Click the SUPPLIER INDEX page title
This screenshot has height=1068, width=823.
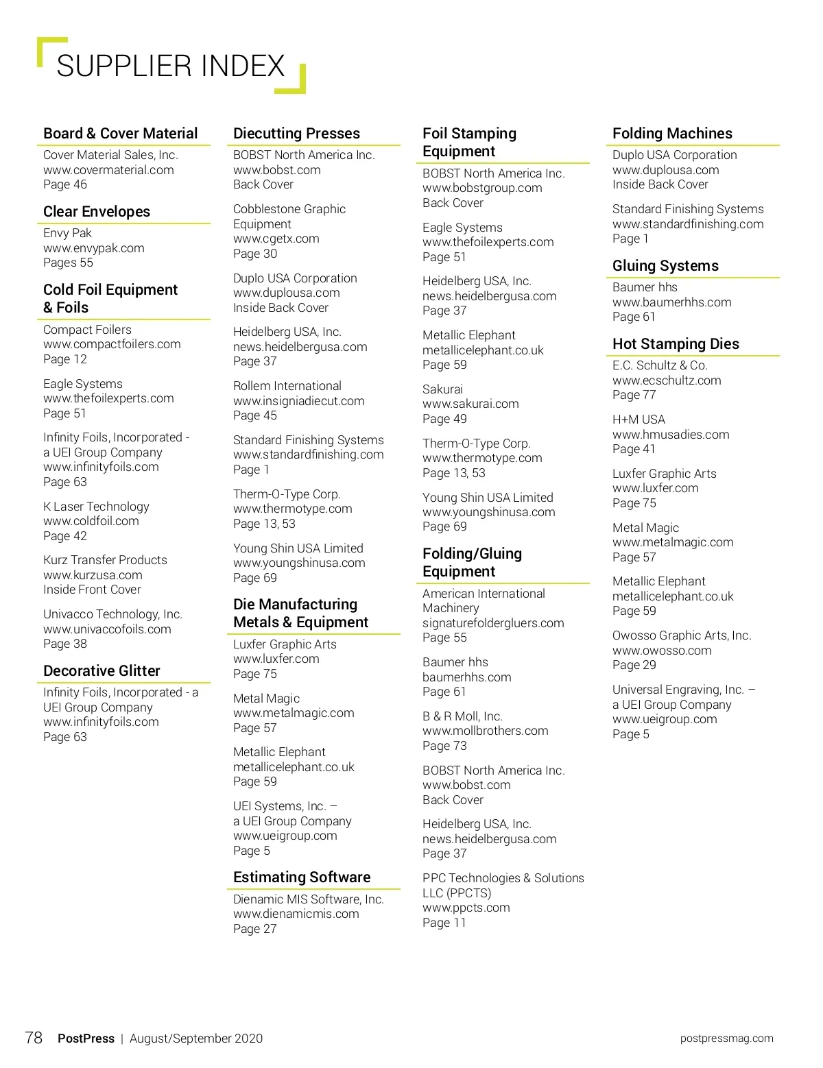(170, 66)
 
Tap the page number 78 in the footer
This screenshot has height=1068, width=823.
(34, 1038)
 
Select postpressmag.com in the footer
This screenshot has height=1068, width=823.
(726, 1039)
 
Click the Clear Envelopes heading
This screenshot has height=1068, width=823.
(97, 212)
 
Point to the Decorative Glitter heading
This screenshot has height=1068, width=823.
(102, 671)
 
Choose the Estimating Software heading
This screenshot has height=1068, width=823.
(302, 877)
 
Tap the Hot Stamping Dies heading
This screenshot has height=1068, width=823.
(676, 344)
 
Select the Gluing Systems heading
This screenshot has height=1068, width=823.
(665, 266)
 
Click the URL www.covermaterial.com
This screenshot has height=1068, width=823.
(108, 170)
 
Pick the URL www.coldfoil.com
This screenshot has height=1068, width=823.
(91, 521)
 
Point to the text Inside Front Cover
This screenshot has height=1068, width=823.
(92, 590)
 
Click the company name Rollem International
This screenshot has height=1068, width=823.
(287, 386)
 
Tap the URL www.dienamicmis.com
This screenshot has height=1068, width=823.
(296, 914)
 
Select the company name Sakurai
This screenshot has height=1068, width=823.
(442, 389)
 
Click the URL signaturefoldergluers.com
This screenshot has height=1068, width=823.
(493, 623)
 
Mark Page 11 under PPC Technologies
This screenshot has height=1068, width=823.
(444, 923)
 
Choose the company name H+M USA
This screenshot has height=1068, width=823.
(639, 420)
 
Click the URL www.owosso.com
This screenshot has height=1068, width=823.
(662, 651)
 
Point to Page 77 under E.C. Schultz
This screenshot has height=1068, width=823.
(634, 395)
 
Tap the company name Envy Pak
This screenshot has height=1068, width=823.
(67, 233)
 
